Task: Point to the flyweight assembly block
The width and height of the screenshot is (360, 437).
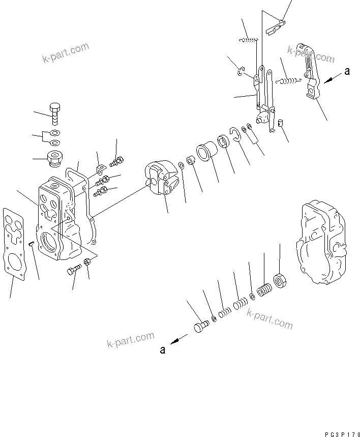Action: click(x=160, y=178)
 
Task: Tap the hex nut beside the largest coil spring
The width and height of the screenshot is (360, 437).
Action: click(x=279, y=280)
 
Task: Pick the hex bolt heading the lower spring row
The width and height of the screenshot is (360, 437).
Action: click(x=200, y=326)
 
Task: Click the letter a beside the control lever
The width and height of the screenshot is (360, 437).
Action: click(x=347, y=72)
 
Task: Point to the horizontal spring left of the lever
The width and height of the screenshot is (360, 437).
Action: click(x=289, y=79)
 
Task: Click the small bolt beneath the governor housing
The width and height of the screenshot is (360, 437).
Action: click(x=74, y=270)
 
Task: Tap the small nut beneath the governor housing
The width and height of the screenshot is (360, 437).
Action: click(x=87, y=262)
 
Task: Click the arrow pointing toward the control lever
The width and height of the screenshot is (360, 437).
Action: click(x=331, y=78)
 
